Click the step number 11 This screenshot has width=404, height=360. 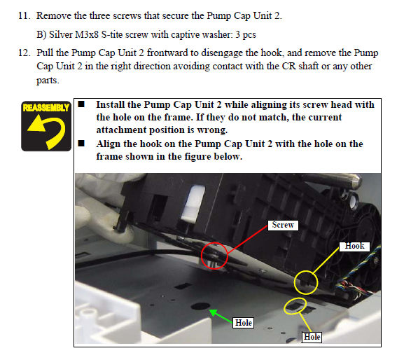point(25,16)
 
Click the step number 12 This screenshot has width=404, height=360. point(25,53)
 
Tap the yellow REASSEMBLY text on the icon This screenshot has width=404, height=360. point(46,107)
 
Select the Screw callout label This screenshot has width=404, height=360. point(283,225)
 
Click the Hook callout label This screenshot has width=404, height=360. point(354,246)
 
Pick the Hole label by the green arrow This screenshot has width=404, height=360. point(244,323)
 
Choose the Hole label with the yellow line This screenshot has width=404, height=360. point(312,337)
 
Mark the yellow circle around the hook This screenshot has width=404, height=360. point(295,282)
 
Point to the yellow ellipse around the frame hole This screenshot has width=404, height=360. point(285,306)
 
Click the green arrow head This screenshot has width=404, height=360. point(212,312)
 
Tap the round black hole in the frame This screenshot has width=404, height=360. point(200,306)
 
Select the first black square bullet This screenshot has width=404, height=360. point(81,104)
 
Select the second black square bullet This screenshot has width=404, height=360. point(81,144)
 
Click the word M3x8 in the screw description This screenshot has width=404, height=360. point(87,34)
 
